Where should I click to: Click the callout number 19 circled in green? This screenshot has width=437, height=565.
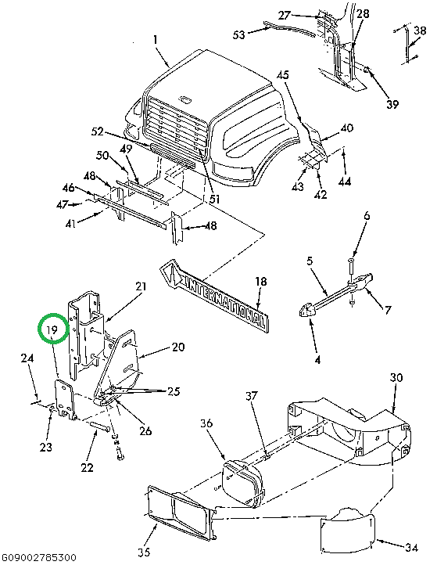click(52, 331)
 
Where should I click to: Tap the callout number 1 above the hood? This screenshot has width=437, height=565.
click(156, 40)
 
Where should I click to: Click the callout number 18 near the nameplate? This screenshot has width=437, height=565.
click(260, 282)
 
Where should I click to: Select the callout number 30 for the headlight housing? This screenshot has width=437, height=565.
click(396, 378)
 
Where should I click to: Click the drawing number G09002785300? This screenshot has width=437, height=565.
click(38, 557)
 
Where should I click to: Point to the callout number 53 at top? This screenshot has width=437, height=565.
click(239, 35)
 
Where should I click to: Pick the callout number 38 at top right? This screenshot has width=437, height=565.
click(420, 31)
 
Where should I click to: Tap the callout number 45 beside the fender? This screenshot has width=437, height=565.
click(282, 75)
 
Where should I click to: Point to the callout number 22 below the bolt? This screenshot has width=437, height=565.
click(86, 467)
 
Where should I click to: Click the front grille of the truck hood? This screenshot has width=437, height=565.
click(176, 124)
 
